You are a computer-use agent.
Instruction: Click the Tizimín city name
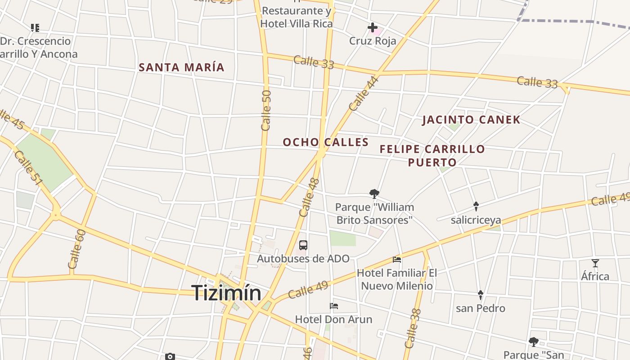226,293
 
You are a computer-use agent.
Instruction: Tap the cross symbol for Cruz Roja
372,28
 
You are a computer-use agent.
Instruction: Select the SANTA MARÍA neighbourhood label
181,67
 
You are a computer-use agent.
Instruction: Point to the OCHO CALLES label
326,142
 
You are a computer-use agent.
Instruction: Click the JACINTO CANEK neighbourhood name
471,120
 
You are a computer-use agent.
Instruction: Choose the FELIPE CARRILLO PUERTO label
432,155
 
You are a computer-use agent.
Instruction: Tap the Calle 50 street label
266,110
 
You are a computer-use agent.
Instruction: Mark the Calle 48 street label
309,197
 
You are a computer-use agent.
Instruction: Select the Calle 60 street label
76,249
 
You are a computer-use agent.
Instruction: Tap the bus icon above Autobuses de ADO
303,245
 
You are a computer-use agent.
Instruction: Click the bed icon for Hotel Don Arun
334,306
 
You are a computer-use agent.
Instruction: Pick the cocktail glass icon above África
595,263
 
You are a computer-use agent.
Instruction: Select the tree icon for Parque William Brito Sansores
374,194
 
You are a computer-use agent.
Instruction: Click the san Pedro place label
480,308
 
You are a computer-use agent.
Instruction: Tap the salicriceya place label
476,220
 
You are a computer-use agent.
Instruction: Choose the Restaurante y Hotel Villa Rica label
297,17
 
